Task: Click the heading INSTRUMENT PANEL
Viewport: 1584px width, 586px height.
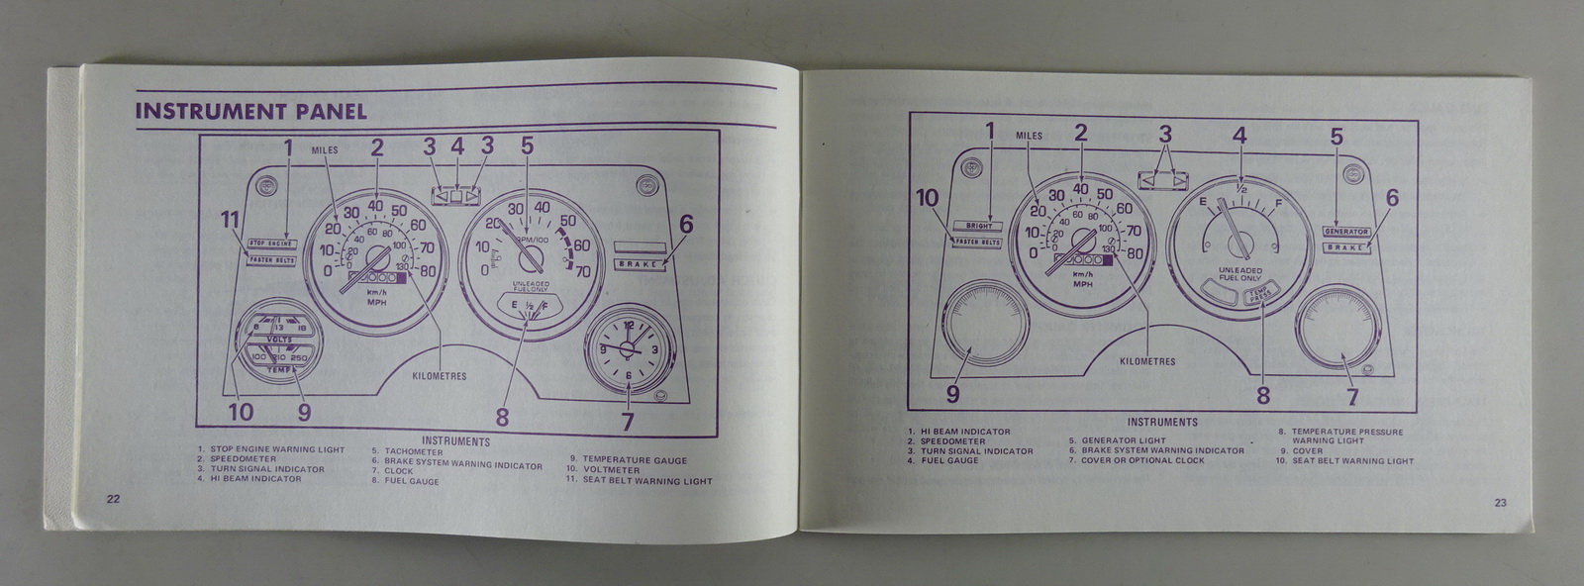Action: click(250, 111)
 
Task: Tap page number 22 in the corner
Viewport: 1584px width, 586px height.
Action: click(113, 499)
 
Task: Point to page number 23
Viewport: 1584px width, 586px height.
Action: click(1500, 503)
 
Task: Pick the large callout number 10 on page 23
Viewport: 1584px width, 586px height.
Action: click(927, 198)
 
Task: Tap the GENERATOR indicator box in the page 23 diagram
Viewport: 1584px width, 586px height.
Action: click(1345, 232)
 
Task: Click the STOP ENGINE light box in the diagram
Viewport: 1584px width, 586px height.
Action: click(271, 243)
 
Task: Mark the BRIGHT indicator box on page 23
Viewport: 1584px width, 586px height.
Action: click(977, 226)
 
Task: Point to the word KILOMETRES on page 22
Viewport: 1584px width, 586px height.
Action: click(440, 376)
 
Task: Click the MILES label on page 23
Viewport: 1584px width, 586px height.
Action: click(1030, 136)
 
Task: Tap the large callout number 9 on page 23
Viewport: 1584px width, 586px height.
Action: click(952, 394)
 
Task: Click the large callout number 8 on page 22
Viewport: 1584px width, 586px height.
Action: click(502, 417)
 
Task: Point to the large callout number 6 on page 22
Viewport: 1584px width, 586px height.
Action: click(685, 225)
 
